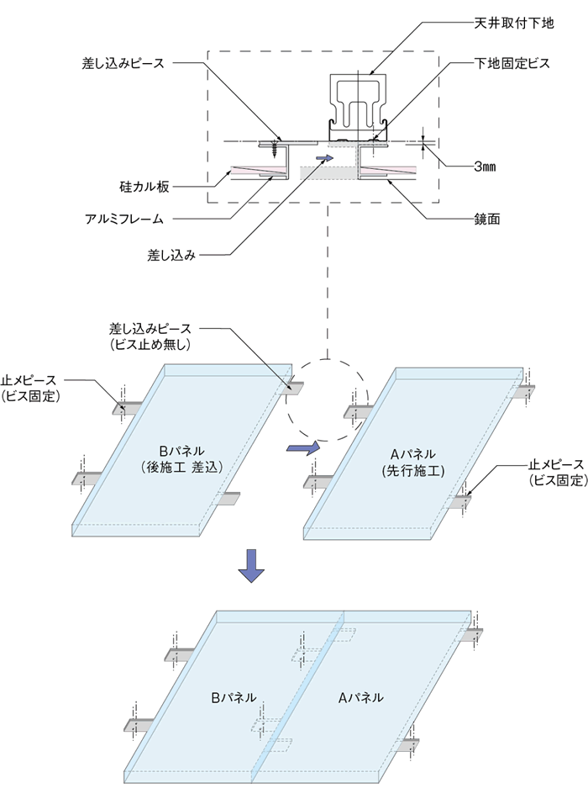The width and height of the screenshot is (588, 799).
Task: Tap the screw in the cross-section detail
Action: point(275,149)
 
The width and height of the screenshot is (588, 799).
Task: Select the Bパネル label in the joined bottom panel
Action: point(234,697)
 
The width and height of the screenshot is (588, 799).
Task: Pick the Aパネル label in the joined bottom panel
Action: point(361,697)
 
